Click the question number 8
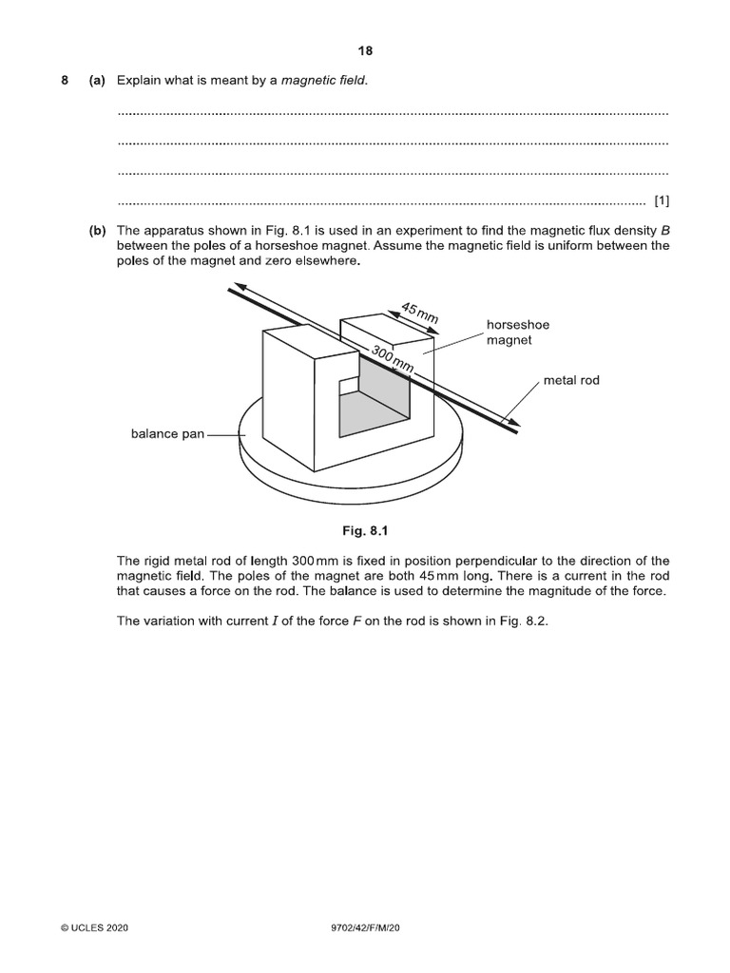tap(65, 81)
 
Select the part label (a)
tap(96, 81)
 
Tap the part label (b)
tap(96, 231)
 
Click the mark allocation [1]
tap(662, 200)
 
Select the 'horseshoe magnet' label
tap(518, 332)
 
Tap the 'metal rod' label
tap(571, 381)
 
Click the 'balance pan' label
tap(167, 434)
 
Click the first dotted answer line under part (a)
tap(393, 113)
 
